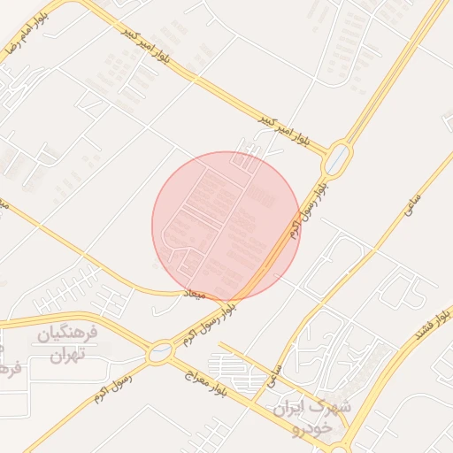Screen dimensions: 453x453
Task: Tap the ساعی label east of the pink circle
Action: (x=411, y=208)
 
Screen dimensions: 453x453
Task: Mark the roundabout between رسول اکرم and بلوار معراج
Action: (x=159, y=352)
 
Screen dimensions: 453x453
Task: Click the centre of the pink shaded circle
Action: (x=226, y=225)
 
